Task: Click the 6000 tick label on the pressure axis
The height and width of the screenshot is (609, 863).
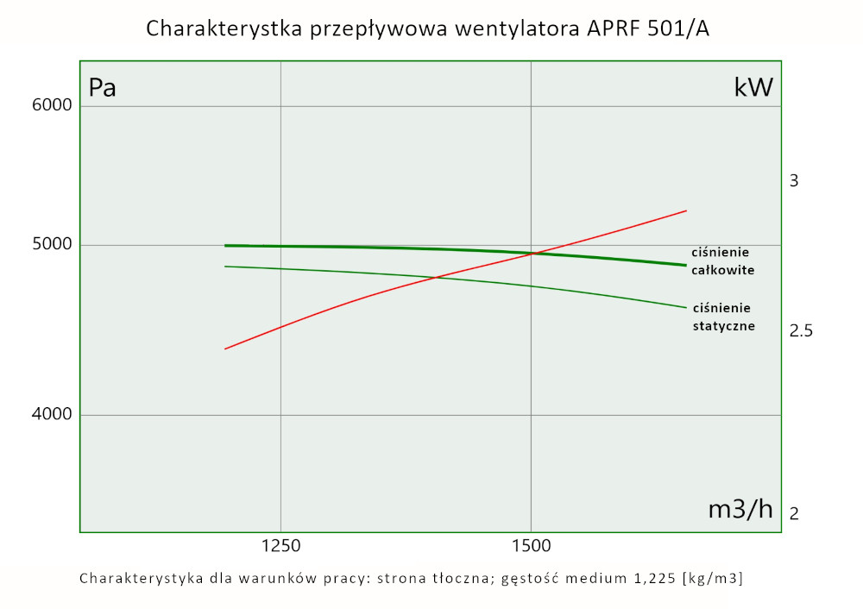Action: click(x=52, y=106)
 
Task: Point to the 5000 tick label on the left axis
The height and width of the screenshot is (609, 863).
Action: click(x=52, y=245)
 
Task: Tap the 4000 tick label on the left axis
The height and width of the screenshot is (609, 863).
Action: click(x=52, y=415)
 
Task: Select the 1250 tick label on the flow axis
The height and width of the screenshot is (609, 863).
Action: click(x=280, y=545)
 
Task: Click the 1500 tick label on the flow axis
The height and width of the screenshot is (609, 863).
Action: click(x=530, y=545)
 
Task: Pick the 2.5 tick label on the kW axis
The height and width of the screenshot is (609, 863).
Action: click(x=801, y=331)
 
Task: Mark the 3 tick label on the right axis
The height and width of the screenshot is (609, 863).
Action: click(x=795, y=181)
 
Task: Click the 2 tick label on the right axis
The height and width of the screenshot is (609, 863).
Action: click(x=794, y=513)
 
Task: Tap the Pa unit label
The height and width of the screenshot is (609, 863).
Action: click(x=103, y=88)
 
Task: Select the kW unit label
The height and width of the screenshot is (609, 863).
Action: click(x=753, y=87)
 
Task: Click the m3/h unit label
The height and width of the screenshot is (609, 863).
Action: click(x=740, y=509)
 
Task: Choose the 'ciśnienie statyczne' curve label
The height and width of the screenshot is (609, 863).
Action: click(x=723, y=317)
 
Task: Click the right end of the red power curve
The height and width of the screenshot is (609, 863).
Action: click(x=686, y=210)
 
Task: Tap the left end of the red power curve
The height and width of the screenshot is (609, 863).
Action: click(x=225, y=348)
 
